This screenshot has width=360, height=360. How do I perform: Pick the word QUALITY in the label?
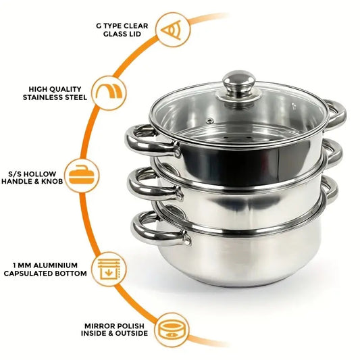(69, 88)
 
